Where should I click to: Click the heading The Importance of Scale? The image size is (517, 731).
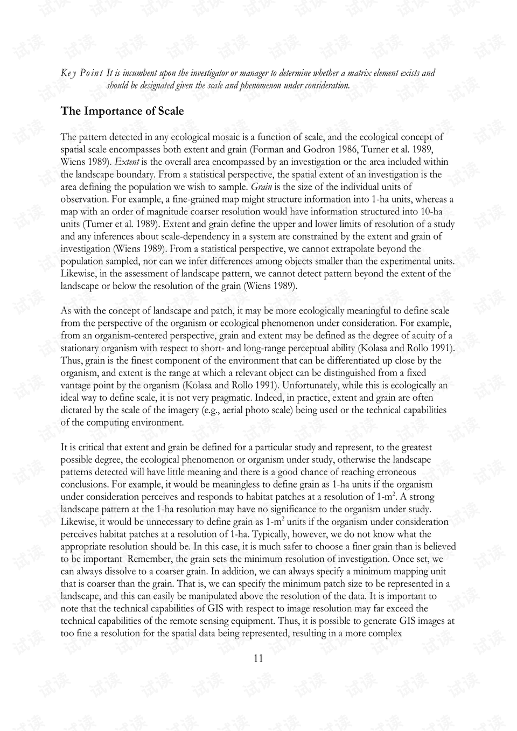(x=122, y=112)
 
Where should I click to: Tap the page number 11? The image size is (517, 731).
(x=258, y=658)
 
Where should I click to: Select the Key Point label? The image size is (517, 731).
(x=82, y=73)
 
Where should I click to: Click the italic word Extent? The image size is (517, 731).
(x=127, y=162)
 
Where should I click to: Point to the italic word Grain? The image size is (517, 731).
(x=261, y=187)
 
